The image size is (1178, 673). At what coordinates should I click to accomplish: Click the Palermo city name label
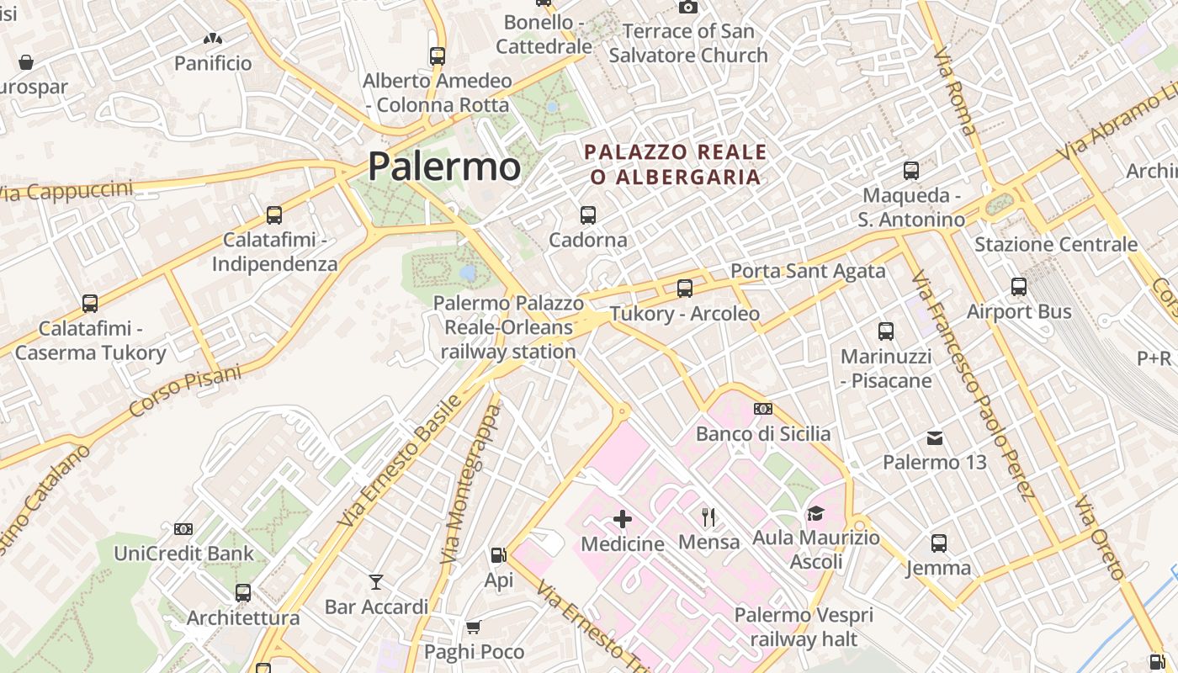[444, 166]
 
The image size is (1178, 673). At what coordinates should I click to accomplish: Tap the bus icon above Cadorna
[588, 215]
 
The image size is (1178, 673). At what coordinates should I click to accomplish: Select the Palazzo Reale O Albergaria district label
[676, 165]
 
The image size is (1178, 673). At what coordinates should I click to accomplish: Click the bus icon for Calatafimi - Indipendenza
[274, 215]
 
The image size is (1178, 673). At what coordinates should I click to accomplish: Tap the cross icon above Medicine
[623, 518]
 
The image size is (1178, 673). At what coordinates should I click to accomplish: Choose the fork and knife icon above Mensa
[708, 517]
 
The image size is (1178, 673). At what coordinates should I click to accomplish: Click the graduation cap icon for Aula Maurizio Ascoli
[815, 513]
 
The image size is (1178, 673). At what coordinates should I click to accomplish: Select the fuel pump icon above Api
[498, 555]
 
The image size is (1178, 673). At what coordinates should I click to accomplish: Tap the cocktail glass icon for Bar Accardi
[376, 581]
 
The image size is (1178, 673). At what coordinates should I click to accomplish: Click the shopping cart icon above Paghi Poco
[473, 627]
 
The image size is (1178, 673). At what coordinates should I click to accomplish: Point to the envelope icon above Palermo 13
[935, 437]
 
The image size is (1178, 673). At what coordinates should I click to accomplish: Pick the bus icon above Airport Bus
[1019, 287]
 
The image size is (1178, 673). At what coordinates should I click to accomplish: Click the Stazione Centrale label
[1055, 245]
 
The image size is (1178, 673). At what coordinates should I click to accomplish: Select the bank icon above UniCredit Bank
[183, 529]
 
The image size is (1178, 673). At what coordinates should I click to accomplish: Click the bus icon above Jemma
[939, 543]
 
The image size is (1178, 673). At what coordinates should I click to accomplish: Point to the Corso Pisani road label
[185, 391]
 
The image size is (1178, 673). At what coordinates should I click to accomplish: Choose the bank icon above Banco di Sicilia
[763, 409]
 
